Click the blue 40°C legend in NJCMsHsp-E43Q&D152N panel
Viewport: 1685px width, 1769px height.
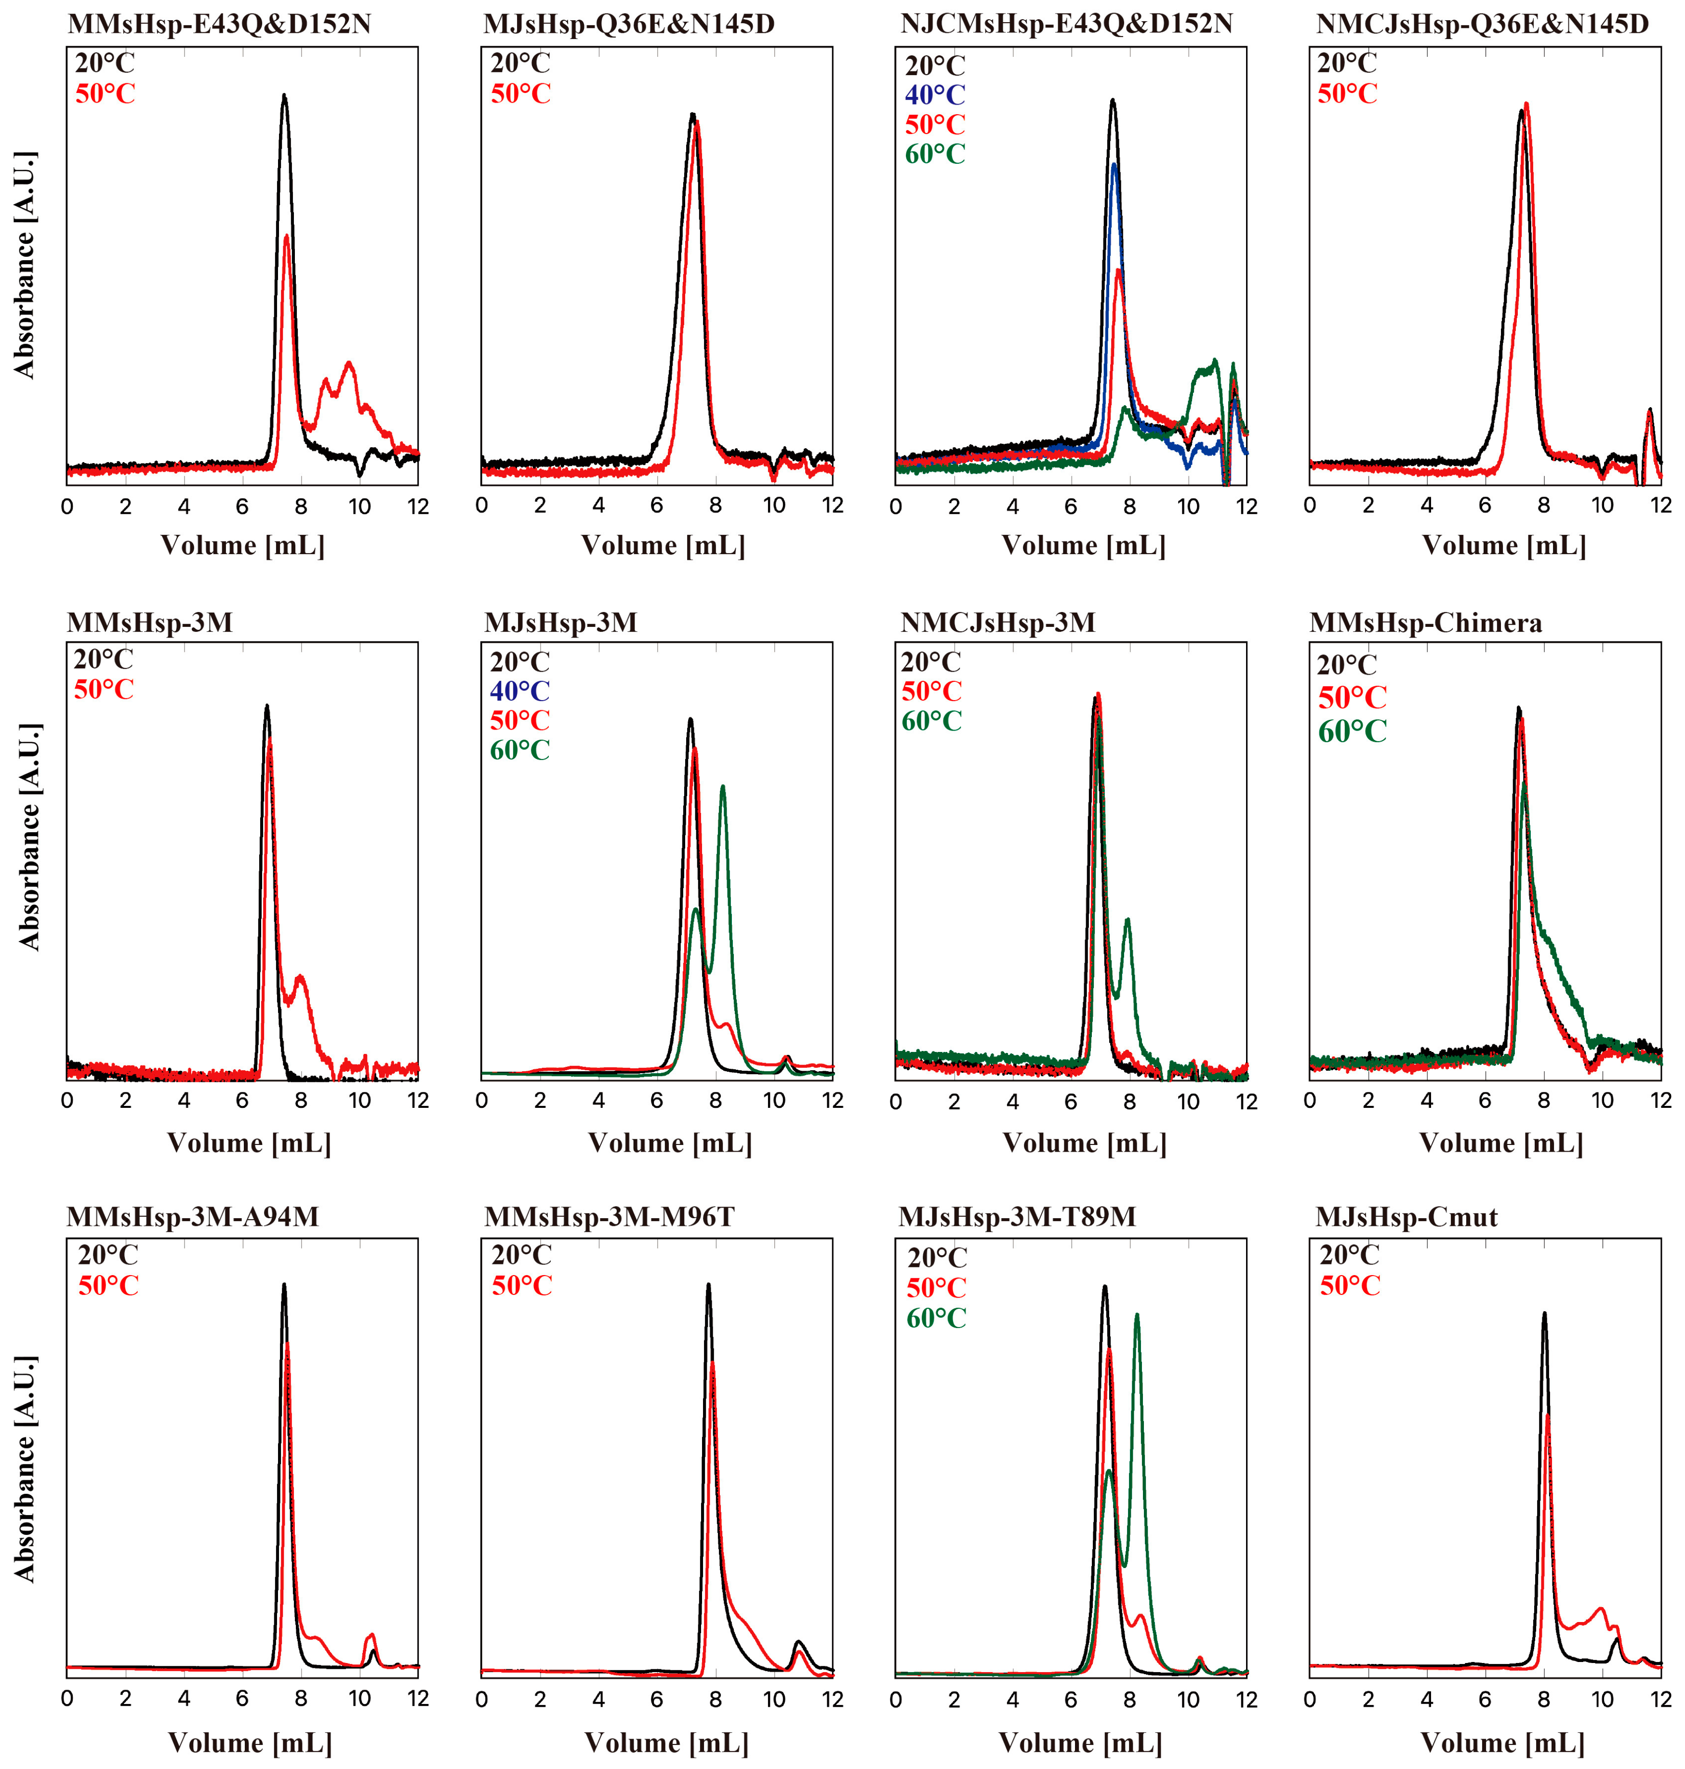click(x=934, y=94)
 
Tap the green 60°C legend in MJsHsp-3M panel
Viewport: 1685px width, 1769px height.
click(x=519, y=749)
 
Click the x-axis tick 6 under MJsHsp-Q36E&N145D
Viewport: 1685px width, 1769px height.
click(x=657, y=506)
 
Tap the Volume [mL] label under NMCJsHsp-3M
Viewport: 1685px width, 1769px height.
click(x=1084, y=1143)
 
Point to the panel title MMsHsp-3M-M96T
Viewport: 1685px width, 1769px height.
click(x=609, y=1216)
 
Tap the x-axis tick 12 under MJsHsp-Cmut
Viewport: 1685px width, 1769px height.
click(x=1660, y=1699)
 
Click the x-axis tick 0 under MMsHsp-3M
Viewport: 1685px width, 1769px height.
click(x=67, y=1101)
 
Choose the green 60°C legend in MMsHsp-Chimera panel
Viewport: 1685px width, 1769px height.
click(x=1351, y=732)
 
